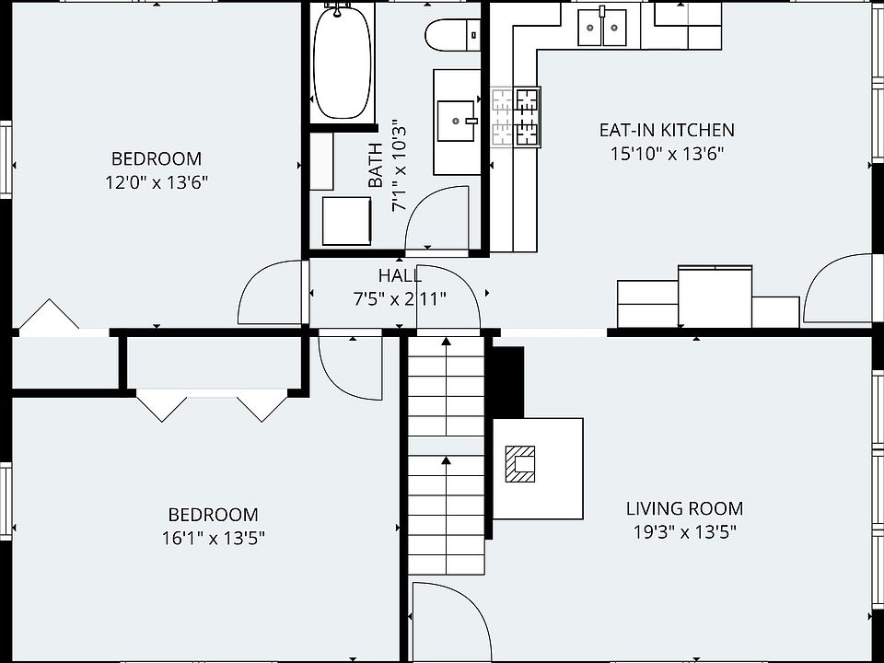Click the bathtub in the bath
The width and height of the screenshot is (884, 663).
tap(343, 61)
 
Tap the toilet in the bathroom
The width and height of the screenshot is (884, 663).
tap(452, 35)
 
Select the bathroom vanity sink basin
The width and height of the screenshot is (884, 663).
tap(457, 122)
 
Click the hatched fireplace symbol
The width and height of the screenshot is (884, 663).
tap(519, 464)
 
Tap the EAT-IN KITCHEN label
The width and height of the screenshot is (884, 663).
tap(667, 130)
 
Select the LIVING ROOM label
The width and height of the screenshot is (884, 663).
tap(684, 508)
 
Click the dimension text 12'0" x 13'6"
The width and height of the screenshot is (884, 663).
tap(157, 182)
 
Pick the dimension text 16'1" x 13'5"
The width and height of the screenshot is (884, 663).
tap(214, 539)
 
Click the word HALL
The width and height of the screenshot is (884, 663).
tap(400, 275)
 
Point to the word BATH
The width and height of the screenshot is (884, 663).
tap(376, 165)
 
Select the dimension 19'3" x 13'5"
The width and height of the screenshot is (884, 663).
tap(685, 531)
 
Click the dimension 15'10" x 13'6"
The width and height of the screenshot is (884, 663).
tap(667, 154)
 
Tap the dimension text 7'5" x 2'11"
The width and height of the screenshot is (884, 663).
tap(400, 298)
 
